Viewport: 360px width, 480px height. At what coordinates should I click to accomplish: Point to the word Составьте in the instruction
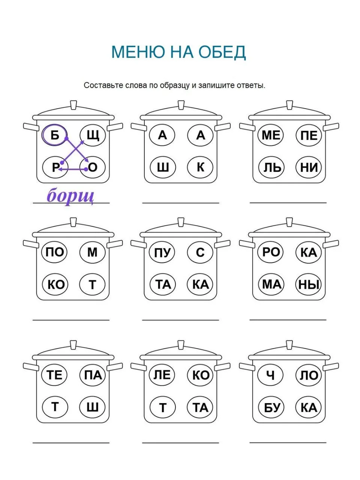pos(102,85)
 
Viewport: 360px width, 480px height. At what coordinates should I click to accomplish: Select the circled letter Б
pos(54,135)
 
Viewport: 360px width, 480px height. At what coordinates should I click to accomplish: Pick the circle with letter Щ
pos(93,135)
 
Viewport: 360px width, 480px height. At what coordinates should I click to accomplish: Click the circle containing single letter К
pos(200,167)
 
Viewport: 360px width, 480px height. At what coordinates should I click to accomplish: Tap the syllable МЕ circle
pos(271,135)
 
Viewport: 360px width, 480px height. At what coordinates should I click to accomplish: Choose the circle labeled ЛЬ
pos(271,167)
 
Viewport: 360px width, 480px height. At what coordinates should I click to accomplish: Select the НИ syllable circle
pos(309,167)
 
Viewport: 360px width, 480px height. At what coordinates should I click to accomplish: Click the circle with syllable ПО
pos(54,252)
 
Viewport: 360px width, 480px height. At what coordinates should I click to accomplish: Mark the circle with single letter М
pos(92,252)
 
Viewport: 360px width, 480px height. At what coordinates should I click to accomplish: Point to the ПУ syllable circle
pos(162,252)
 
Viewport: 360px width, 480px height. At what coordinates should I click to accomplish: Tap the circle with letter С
pos(200,252)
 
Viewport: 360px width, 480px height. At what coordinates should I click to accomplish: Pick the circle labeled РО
pos(271,252)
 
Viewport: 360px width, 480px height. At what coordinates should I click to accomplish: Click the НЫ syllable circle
pos(308,284)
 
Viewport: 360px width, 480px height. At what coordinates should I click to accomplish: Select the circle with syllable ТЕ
pos(54,375)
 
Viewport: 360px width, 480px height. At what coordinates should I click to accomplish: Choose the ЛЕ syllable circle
pos(162,375)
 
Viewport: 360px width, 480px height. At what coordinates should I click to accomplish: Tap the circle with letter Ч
pos(270,375)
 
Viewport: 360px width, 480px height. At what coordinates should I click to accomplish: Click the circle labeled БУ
pos(271,407)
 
